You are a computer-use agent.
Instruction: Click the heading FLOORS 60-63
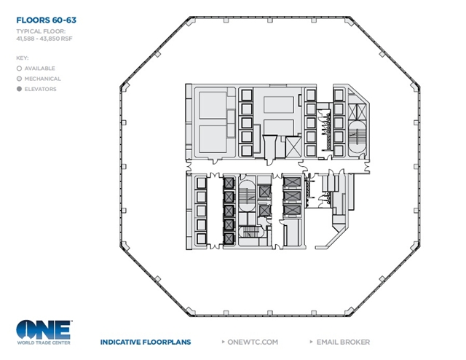pos(46,20)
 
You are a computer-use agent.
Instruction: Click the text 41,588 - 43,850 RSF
pos(44,39)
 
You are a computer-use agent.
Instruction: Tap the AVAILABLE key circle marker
pos(20,69)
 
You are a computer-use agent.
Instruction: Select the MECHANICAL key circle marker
pos(20,79)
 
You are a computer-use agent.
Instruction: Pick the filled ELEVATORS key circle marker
pos(20,89)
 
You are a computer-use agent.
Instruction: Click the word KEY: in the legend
pos(23,58)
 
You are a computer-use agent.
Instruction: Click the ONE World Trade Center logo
pos(44,332)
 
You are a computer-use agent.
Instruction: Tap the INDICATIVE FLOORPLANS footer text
pos(146,343)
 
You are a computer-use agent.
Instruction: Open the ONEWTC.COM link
pos(253,343)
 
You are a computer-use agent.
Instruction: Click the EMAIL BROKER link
pos(343,343)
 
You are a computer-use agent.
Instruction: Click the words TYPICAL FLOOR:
pos(41,31)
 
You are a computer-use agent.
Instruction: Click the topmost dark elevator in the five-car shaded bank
pos(229,183)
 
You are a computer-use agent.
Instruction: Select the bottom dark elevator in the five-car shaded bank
pos(229,239)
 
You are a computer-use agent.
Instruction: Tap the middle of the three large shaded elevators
pos(292,196)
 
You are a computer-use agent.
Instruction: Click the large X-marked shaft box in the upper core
pos(293,146)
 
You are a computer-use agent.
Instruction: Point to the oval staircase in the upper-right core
pos(356,136)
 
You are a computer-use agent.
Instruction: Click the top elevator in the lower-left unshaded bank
pos(201,183)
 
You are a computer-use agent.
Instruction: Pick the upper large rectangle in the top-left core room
pos(213,105)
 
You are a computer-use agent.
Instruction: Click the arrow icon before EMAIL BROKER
pos(311,342)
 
